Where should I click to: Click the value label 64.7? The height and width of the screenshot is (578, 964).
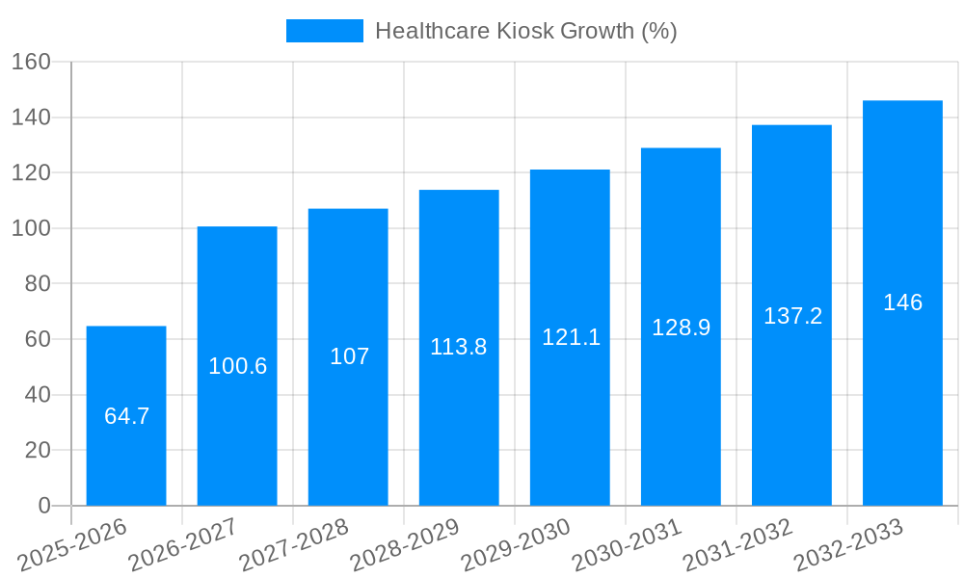click(x=126, y=416)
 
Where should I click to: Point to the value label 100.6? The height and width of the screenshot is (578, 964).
click(x=237, y=366)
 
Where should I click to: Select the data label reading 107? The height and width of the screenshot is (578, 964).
click(x=349, y=356)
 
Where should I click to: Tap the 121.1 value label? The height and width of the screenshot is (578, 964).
click(x=571, y=337)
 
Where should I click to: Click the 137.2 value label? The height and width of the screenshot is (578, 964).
click(x=792, y=316)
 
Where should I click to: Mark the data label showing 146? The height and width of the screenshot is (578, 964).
click(x=902, y=302)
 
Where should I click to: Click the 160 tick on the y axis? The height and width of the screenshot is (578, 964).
click(x=31, y=62)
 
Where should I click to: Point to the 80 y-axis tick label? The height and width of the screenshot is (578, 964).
click(x=38, y=284)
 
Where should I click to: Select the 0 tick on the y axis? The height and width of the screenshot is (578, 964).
click(x=43, y=506)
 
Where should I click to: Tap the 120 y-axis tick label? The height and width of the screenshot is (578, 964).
click(x=31, y=173)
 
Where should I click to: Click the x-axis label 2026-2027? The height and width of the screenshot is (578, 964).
click(x=183, y=546)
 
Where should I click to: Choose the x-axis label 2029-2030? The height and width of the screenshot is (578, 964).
click(x=516, y=546)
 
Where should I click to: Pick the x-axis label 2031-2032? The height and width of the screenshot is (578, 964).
click(x=737, y=546)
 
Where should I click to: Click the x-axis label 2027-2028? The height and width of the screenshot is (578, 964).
click(x=294, y=546)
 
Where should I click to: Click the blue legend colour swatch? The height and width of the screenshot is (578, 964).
click(x=325, y=31)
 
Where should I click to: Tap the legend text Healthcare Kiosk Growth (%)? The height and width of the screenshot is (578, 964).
click(x=525, y=31)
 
